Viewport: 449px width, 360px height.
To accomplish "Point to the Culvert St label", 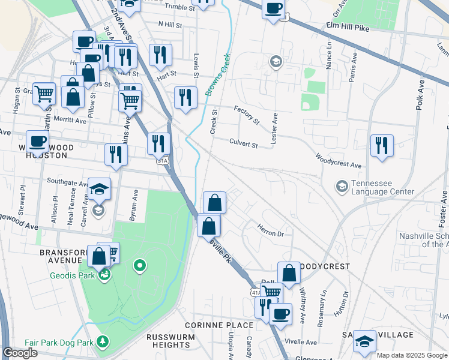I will click(x=243, y=144).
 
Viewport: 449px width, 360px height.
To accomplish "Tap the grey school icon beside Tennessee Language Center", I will click(x=342, y=187).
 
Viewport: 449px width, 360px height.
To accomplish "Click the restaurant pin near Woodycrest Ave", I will click(x=382, y=146).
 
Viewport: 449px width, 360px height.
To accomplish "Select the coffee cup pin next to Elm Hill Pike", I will click(x=273, y=9).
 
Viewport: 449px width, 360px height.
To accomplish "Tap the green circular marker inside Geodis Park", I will click(x=140, y=265).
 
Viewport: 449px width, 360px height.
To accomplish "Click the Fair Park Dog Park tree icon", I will click(x=103, y=342).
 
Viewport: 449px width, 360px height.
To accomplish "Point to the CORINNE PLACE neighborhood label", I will click(x=218, y=325).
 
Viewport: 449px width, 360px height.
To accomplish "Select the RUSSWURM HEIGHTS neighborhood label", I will click(x=169, y=341).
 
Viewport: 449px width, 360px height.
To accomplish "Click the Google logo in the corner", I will click(x=20, y=353).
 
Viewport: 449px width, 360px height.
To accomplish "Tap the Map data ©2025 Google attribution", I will click(x=411, y=355).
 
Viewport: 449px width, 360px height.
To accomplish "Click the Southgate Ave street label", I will click(x=68, y=182).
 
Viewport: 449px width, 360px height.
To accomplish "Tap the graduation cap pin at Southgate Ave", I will click(x=99, y=190).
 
